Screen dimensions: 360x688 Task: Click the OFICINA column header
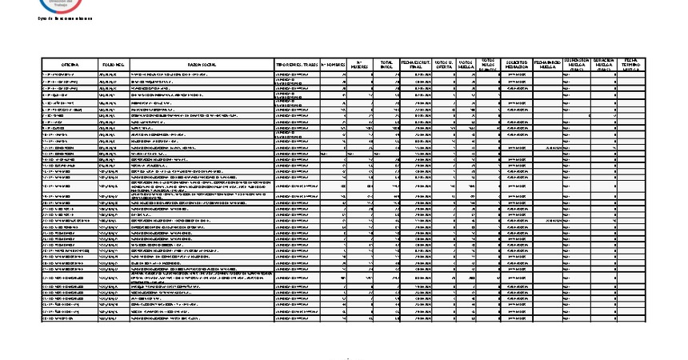point(70,64)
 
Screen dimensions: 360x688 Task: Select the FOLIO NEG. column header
point(112,64)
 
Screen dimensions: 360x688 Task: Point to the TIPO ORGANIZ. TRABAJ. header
point(297,64)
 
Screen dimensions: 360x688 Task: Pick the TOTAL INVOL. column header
point(387,64)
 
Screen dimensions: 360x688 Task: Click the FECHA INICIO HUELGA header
point(546,64)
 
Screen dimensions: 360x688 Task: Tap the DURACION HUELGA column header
point(603,64)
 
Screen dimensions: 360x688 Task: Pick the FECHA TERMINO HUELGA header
point(630,64)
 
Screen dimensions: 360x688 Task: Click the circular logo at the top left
point(54,4)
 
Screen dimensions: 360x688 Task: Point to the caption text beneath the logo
point(54,18)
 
